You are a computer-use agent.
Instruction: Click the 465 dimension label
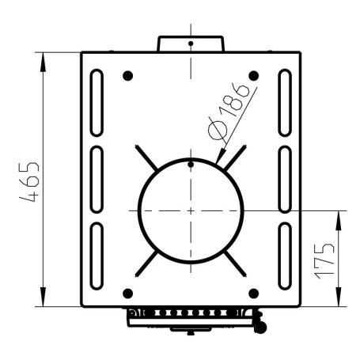29,182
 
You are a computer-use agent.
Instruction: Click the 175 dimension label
324,261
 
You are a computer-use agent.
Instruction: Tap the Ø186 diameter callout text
229,113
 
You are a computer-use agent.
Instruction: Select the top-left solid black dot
127,76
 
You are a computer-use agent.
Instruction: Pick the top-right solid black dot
254,76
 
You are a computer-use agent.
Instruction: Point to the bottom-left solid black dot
128,294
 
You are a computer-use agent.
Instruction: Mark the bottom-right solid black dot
254,294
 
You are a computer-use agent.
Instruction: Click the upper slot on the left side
97,103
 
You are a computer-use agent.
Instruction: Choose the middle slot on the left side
97,180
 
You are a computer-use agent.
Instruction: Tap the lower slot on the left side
97,256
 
